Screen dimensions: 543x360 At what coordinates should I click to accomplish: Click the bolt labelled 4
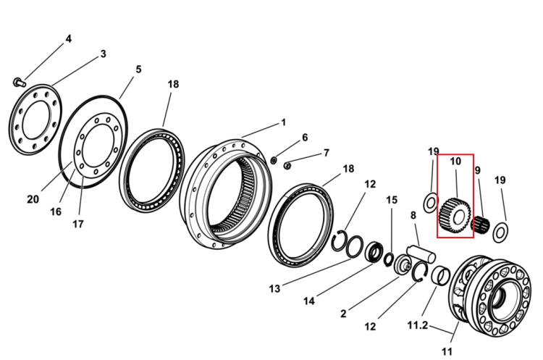tap(20, 83)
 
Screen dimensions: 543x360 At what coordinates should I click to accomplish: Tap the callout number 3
tap(103, 54)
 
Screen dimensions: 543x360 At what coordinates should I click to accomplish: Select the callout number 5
tap(138, 70)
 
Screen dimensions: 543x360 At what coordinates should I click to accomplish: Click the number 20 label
tap(33, 199)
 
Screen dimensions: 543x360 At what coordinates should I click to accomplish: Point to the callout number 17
tap(78, 224)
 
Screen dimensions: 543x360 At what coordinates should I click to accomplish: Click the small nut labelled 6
tap(273, 160)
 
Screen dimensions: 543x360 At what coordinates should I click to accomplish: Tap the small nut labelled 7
tap(287, 166)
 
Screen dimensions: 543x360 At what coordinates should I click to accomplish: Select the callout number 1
tap(284, 122)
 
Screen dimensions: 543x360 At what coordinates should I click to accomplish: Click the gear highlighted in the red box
tap(455, 216)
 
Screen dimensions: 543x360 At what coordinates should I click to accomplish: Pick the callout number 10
tap(455, 161)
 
